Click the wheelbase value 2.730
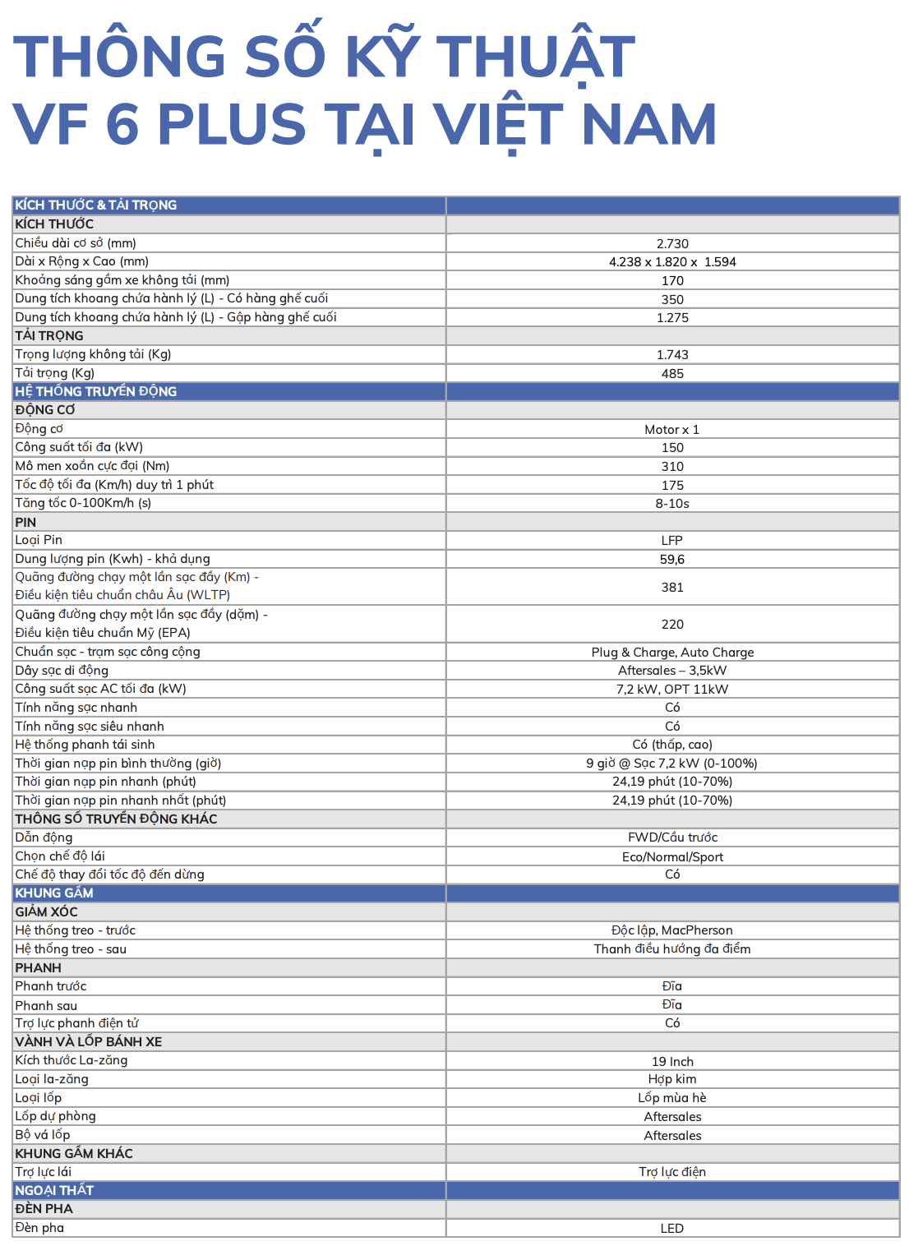pyautogui.click(x=672, y=243)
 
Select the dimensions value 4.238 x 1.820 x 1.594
pyautogui.click(x=672, y=262)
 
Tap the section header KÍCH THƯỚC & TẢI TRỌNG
pyautogui.click(x=96, y=205)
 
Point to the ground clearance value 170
pyautogui.click(x=672, y=281)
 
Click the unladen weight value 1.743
pyautogui.click(x=672, y=355)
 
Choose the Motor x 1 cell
pyautogui.click(x=672, y=430)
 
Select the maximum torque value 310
pyautogui.click(x=672, y=467)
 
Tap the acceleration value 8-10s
pyautogui.click(x=672, y=504)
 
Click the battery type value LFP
pyautogui.click(x=672, y=541)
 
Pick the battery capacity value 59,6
pyautogui.click(x=672, y=560)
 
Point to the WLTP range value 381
pyautogui.click(x=672, y=588)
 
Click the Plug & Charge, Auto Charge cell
pyautogui.click(x=672, y=653)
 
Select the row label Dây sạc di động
pyautogui.click(x=62, y=671)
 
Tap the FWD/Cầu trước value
pyautogui.click(x=672, y=838)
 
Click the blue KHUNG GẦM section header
pyautogui.click(x=54, y=893)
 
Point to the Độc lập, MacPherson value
pyautogui.click(x=672, y=930)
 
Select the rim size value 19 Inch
pyautogui.click(x=672, y=1062)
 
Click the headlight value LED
pyautogui.click(x=672, y=1229)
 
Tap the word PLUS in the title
pyautogui.click(x=232, y=125)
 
